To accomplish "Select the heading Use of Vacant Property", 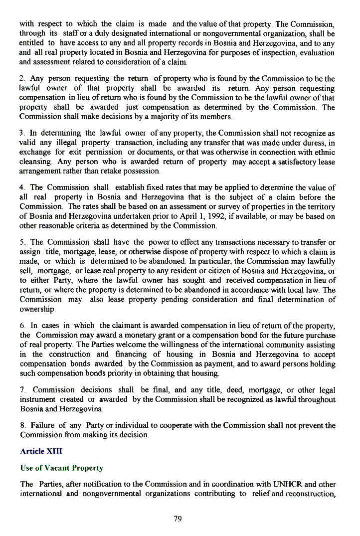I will (x=61, y=468).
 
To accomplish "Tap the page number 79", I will (x=178, y=519).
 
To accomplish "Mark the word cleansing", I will (x=36, y=162).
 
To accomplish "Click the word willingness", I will (x=171, y=345).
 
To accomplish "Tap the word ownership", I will (x=37, y=309).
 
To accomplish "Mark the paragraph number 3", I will (x=22, y=134).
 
